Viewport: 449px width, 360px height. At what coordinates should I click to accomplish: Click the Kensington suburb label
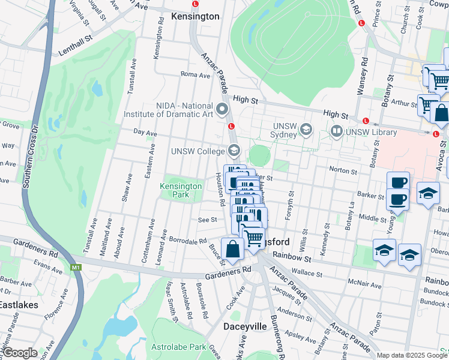click(195, 16)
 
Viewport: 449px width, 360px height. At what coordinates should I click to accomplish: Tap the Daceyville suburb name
click(245, 327)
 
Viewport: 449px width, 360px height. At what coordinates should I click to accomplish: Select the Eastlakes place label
click(19, 305)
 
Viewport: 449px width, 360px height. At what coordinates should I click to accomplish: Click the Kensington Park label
click(181, 190)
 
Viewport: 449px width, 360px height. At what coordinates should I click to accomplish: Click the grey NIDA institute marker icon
click(223, 109)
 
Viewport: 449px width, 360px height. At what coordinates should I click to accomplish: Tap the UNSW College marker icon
click(234, 151)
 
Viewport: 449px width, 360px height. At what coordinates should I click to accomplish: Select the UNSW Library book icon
click(336, 131)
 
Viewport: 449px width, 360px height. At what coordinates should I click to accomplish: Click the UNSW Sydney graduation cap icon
click(306, 129)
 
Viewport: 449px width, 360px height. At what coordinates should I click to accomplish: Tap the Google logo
click(19, 353)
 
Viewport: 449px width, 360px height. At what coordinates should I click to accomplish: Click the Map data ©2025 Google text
click(411, 355)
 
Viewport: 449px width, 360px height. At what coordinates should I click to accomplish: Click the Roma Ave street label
click(196, 75)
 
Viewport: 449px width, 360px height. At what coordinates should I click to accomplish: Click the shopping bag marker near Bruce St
click(232, 250)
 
